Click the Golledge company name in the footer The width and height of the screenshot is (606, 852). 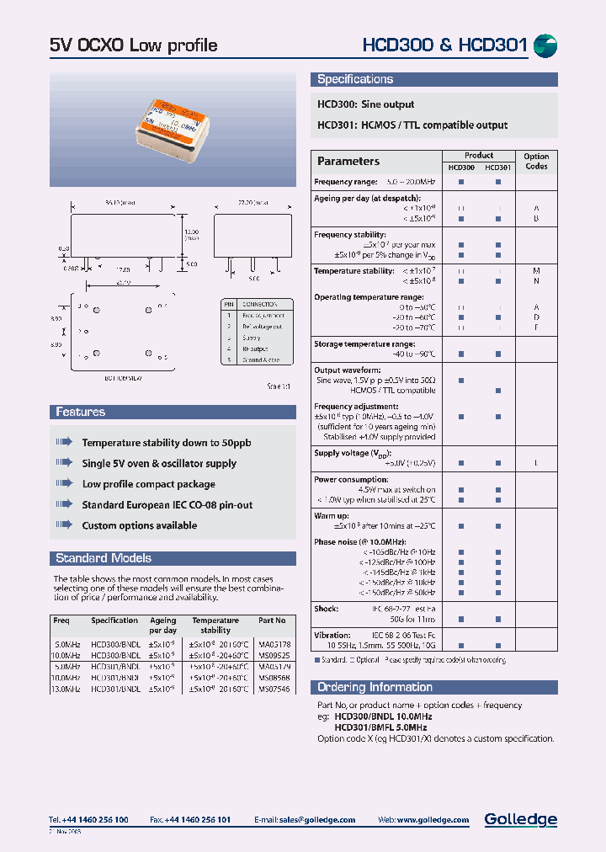pyautogui.click(x=520, y=819)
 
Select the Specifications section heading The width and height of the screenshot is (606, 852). pyautogui.click(x=355, y=79)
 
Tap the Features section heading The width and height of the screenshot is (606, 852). pyautogui.click(x=81, y=412)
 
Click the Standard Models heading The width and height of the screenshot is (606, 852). pyautogui.click(x=104, y=558)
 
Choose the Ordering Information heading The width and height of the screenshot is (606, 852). pyautogui.click(x=375, y=687)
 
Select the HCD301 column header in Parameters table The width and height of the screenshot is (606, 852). pyautogui.click(x=498, y=168)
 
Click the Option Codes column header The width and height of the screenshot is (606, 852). pyautogui.click(x=536, y=161)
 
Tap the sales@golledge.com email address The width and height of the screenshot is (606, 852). pyautogui.click(x=317, y=820)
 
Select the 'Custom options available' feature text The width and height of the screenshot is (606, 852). pyautogui.click(x=140, y=525)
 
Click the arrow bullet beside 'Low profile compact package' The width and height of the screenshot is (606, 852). pyautogui.click(x=65, y=484)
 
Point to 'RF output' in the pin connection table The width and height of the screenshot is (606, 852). pyautogui.click(x=256, y=349)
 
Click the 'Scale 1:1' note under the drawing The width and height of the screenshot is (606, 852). pyautogui.click(x=279, y=386)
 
